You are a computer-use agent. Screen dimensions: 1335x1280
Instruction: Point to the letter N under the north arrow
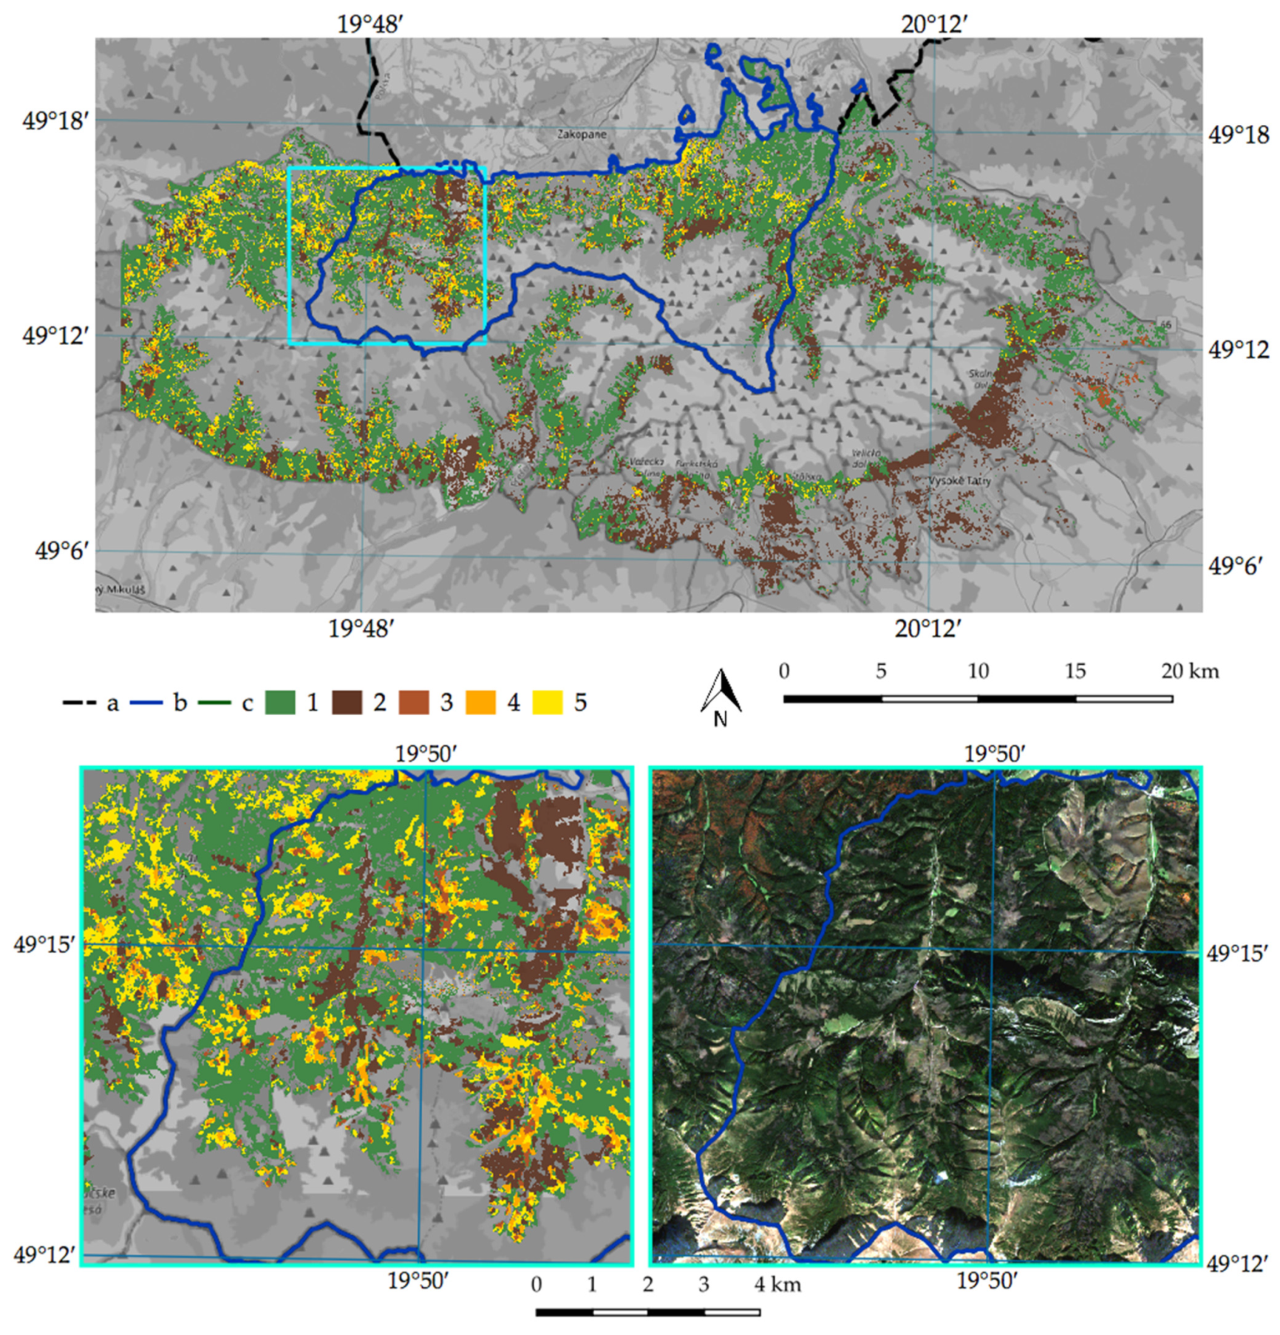point(721,719)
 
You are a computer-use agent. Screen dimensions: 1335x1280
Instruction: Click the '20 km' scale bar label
point(1190,671)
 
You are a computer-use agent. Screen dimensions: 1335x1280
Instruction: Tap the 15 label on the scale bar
point(1075,671)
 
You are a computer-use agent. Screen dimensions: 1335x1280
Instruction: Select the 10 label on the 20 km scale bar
point(978,671)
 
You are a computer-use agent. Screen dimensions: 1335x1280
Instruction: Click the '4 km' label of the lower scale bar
point(778,1285)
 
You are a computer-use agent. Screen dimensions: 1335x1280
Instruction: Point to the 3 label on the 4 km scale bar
point(704,1285)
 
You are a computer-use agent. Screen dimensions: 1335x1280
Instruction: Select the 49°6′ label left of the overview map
point(62,550)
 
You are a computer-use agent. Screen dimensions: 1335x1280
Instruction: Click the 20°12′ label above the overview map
point(934,24)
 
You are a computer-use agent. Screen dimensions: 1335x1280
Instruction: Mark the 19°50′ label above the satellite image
point(995,754)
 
